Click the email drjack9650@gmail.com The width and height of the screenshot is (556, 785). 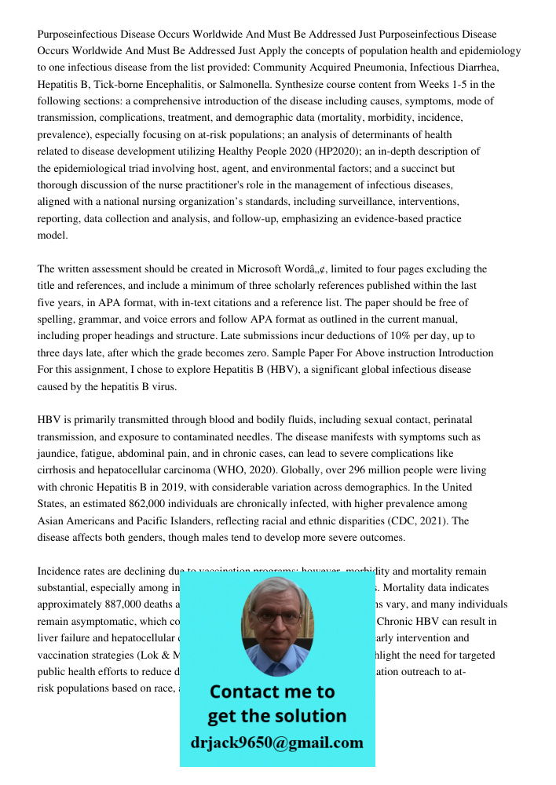click(276, 743)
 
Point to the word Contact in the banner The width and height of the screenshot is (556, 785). click(244, 692)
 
